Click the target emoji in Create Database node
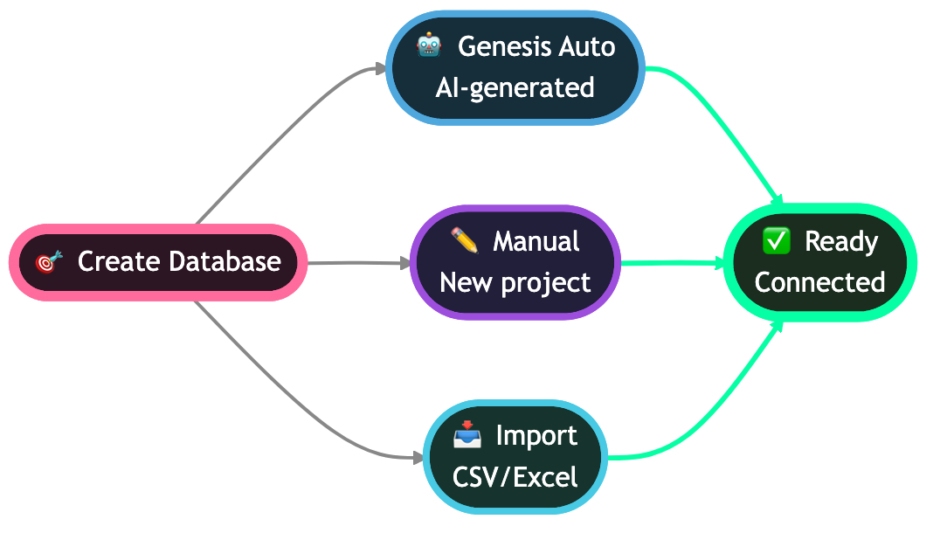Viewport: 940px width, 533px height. pyautogui.click(x=50, y=261)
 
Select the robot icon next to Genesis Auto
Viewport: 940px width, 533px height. pyautogui.click(x=429, y=45)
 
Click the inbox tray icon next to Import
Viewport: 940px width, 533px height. pyautogui.click(x=467, y=434)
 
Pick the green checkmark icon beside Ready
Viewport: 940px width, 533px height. pyautogui.click(x=776, y=240)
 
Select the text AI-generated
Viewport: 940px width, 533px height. pyautogui.click(x=515, y=87)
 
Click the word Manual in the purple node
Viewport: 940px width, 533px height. pyautogui.click(x=536, y=241)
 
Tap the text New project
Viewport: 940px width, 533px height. pyautogui.click(x=515, y=282)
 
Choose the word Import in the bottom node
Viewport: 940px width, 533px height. pyautogui.click(x=536, y=435)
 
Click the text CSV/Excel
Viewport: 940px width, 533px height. pyautogui.click(x=515, y=477)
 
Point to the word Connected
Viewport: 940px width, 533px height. pyautogui.click(x=819, y=282)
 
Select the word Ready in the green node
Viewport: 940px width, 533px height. pyautogui.click(x=840, y=241)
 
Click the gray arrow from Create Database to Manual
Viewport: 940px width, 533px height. pyautogui.click(x=358, y=262)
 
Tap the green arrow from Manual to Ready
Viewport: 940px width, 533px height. pyautogui.click(x=673, y=262)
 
